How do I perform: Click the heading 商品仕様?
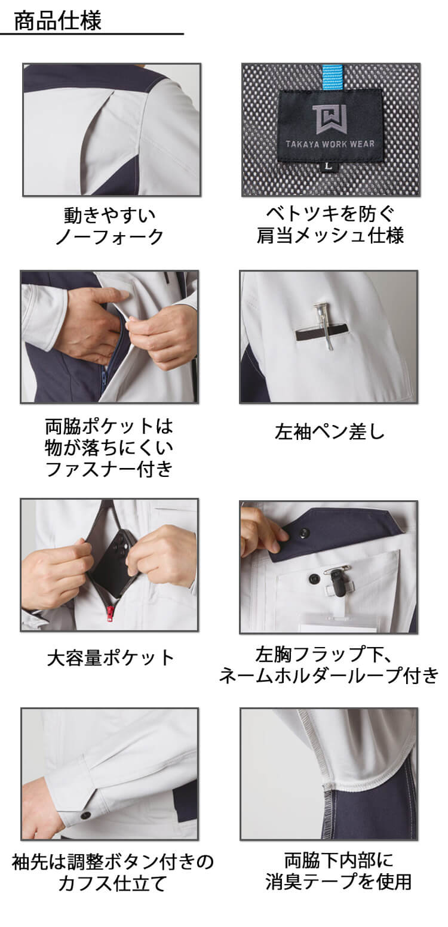(x=58, y=21)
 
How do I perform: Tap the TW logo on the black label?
(x=329, y=119)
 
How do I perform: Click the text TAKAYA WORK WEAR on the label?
(x=330, y=144)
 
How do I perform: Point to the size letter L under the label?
(x=329, y=166)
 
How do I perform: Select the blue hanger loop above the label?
(x=332, y=78)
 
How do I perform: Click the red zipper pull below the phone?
(x=110, y=615)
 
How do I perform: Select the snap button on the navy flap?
(x=305, y=532)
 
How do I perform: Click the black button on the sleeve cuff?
(x=85, y=815)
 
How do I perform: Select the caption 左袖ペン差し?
(x=330, y=432)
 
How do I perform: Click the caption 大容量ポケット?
(x=111, y=658)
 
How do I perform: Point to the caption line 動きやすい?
(x=110, y=215)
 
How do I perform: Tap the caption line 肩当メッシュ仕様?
(x=330, y=235)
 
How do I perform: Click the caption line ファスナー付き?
(x=109, y=469)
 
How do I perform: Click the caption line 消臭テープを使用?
(x=338, y=881)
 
